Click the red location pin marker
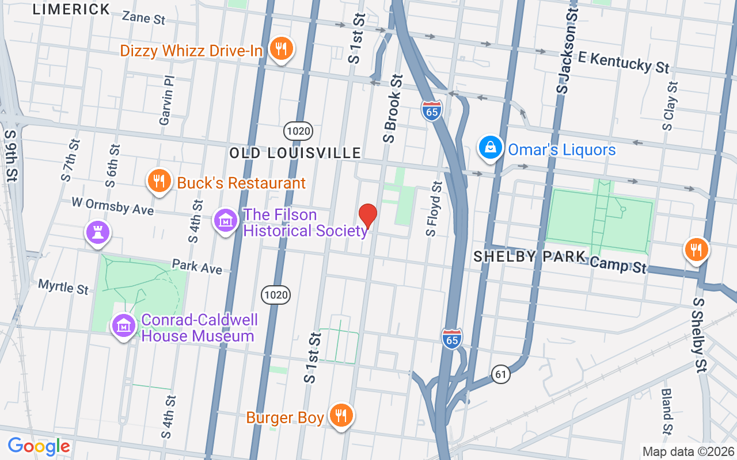[368, 216]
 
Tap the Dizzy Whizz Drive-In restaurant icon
[280, 49]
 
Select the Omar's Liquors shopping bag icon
[490, 148]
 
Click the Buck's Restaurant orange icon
[159, 182]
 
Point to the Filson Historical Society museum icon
[226, 221]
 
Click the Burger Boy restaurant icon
[341, 415]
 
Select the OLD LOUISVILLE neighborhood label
[295, 153]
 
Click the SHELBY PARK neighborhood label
[529, 257]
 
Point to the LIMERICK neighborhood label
[71, 9]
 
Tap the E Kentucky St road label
[624, 62]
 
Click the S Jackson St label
[567, 52]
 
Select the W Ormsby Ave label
[112, 206]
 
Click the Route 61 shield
[502, 374]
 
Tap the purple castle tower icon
[98, 232]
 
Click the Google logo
[39, 446]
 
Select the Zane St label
[143, 18]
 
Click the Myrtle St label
[63, 286]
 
